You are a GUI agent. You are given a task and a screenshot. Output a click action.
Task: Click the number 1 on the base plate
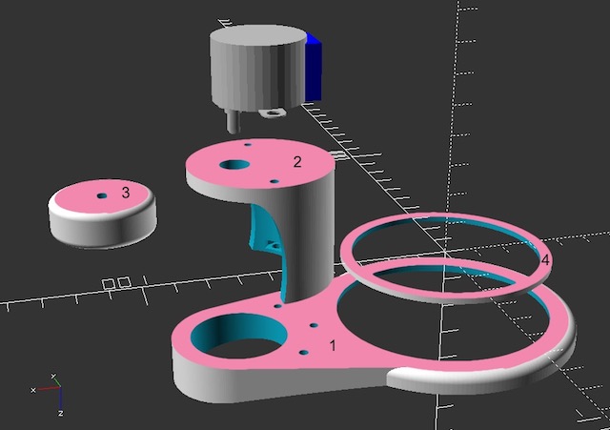333,345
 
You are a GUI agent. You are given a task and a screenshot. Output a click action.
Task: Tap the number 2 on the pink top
297,162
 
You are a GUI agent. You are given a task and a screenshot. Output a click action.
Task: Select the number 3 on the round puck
126,193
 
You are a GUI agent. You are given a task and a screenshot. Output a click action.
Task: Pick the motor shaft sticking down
231,120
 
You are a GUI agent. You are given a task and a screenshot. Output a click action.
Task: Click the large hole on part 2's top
233,166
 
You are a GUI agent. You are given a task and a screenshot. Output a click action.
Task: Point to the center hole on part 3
102,196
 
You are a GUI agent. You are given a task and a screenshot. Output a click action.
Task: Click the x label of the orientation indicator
33,390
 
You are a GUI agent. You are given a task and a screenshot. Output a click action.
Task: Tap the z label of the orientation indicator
59,413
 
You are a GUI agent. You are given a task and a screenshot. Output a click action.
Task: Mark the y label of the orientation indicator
53,376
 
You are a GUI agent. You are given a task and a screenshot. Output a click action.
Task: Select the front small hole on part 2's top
274,179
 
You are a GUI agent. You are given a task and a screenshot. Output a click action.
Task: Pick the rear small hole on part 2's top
247,145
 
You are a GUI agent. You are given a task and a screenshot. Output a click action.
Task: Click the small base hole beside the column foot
277,306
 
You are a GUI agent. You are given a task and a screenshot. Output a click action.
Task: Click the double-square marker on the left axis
116,283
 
